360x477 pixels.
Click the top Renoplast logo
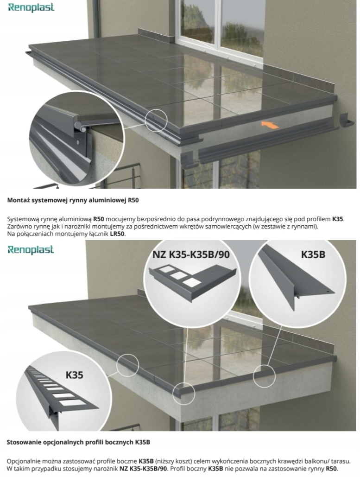(x=31, y=7)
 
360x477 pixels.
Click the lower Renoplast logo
(x=31, y=249)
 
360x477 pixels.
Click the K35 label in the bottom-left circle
(x=75, y=374)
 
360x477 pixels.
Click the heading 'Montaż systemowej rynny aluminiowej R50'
(x=73, y=201)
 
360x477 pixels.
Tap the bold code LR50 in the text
(x=118, y=234)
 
